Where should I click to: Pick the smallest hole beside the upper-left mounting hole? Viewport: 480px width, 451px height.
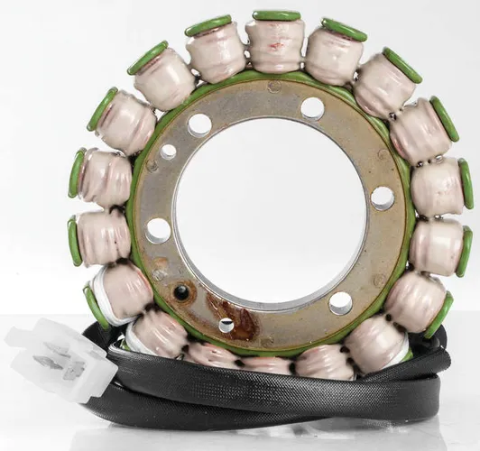(168, 152)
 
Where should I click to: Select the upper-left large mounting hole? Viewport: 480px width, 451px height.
(200, 124)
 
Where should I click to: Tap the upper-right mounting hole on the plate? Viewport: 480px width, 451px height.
(312, 108)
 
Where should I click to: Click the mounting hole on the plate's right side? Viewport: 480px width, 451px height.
(383, 198)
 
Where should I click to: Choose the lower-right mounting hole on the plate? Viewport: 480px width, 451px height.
(340, 301)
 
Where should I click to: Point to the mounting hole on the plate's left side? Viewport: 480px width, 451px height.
(158, 230)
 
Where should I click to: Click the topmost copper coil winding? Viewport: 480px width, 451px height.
(275, 45)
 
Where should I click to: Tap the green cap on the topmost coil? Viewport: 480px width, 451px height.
(276, 15)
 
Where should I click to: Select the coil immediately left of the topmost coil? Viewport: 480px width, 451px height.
(217, 51)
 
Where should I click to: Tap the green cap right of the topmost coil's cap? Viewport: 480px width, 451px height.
(344, 29)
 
